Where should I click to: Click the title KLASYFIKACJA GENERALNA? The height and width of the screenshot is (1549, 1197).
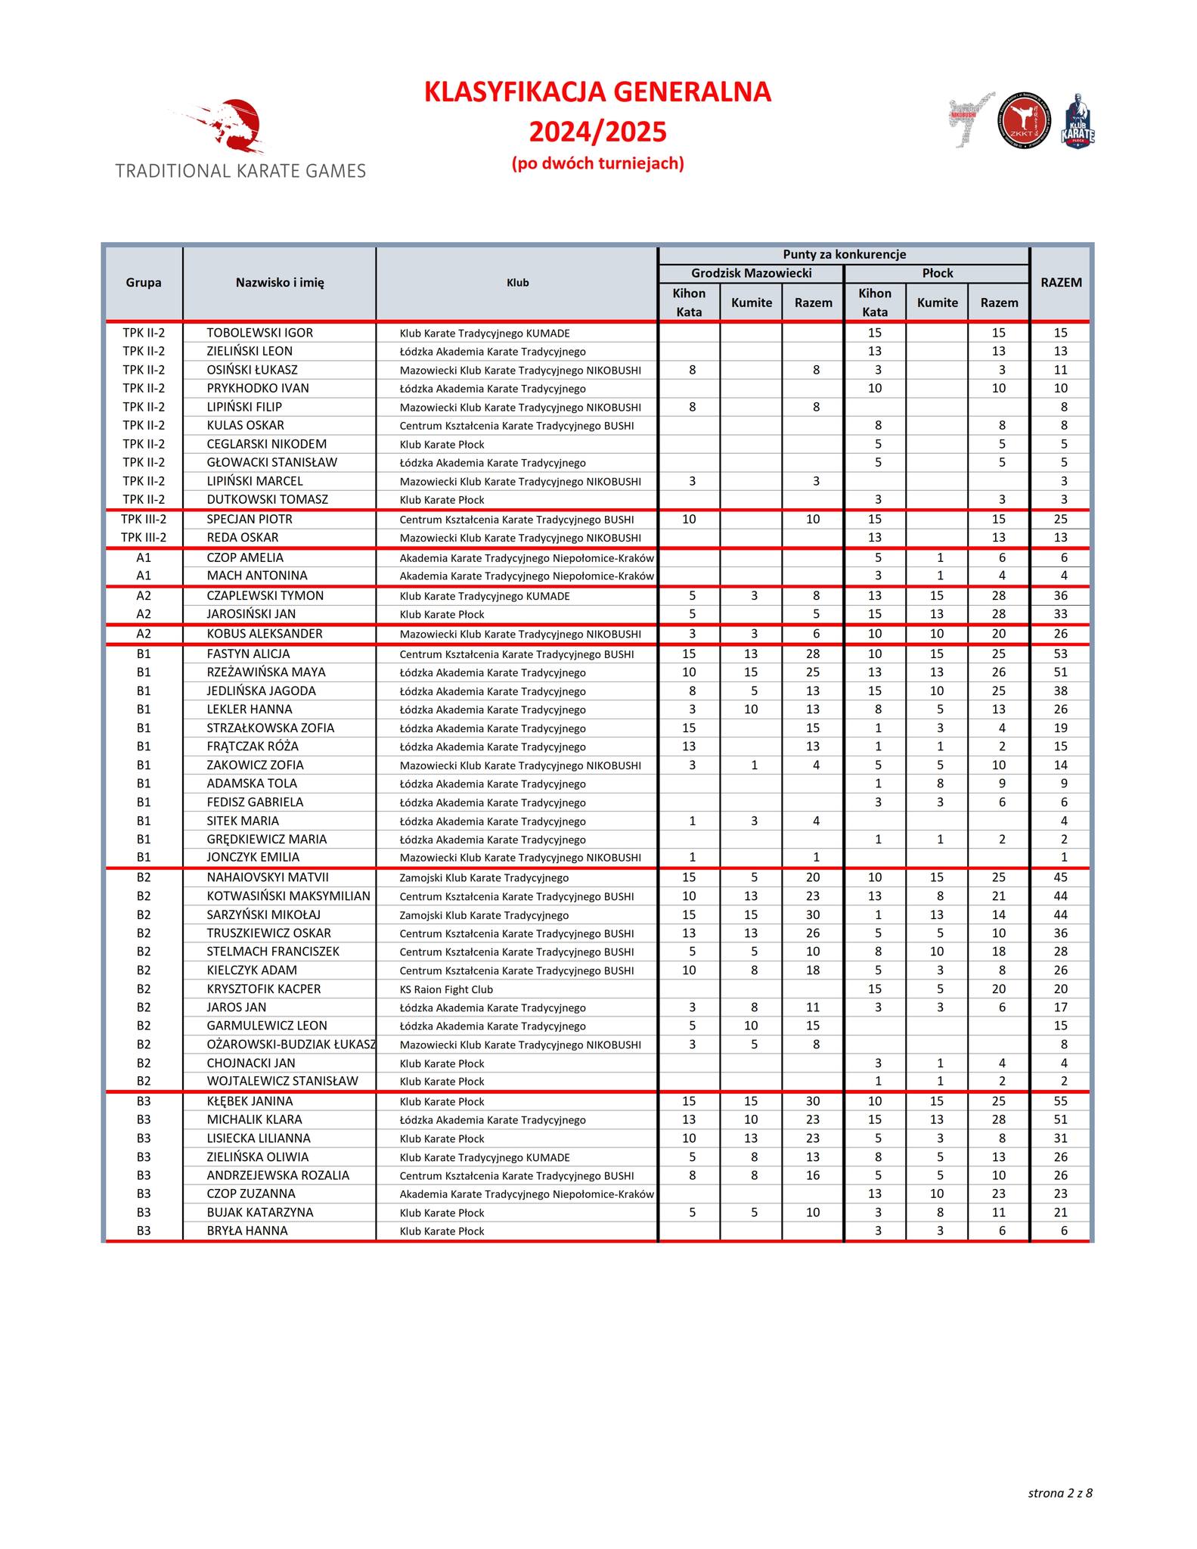coord(597,92)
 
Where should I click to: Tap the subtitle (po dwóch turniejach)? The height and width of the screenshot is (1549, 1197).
coord(597,163)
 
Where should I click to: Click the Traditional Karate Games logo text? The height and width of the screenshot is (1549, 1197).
coord(240,171)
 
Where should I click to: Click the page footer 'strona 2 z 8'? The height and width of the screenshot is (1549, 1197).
coord(1059,1493)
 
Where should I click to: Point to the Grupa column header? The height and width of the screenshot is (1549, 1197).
coord(144,283)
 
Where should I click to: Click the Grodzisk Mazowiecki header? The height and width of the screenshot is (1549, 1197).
coord(751,273)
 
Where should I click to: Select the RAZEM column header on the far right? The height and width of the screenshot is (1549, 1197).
coord(1061,283)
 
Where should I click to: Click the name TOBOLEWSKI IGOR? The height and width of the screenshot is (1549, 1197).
coord(259,333)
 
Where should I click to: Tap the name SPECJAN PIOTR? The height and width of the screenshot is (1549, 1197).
coord(249,520)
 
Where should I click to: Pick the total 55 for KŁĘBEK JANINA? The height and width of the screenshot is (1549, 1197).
coord(1061,1101)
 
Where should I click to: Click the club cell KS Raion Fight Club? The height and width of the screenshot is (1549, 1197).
coord(446,989)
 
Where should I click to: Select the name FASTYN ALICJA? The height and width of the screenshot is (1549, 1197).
coord(248,654)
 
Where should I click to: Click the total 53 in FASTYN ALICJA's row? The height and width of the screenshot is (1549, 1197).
coord(1061,654)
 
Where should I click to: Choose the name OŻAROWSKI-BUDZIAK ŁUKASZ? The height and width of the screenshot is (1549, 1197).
coord(291,1045)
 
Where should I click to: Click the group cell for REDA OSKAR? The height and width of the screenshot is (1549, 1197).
coord(144,538)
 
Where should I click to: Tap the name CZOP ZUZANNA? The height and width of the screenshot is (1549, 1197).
coord(251,1194)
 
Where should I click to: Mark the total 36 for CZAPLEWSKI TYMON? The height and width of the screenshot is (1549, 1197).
coord(1061,596)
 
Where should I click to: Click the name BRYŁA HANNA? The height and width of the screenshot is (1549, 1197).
coord(247,1231)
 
